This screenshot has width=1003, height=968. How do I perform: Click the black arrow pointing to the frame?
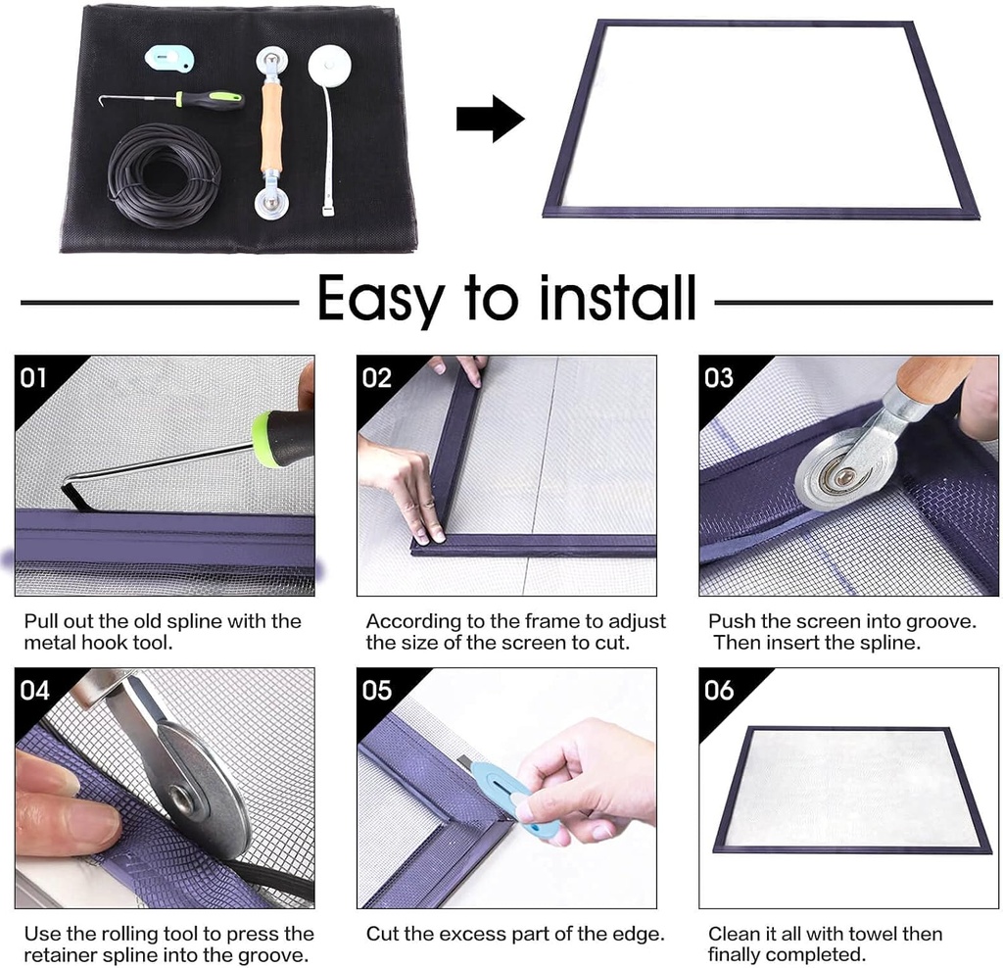pos(489,119)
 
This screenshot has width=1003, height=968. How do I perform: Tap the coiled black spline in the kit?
pos(164,174)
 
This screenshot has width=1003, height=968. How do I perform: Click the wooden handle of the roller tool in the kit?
pos(270,127)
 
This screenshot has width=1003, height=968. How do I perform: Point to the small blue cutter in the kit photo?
pos(171,59)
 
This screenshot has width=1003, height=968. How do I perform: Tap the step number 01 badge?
pos(34,377)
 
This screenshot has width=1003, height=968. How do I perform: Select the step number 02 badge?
pos(376,377)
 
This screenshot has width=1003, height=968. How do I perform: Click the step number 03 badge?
pos(718,377)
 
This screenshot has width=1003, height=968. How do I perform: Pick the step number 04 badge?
pos(34,690)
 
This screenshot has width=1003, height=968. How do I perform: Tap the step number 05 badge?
pos(376,690)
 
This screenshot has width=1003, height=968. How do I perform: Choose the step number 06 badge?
pos(718,690)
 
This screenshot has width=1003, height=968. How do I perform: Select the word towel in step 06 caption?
pos(861,934)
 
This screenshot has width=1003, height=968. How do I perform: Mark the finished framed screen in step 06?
pos(847,789)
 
